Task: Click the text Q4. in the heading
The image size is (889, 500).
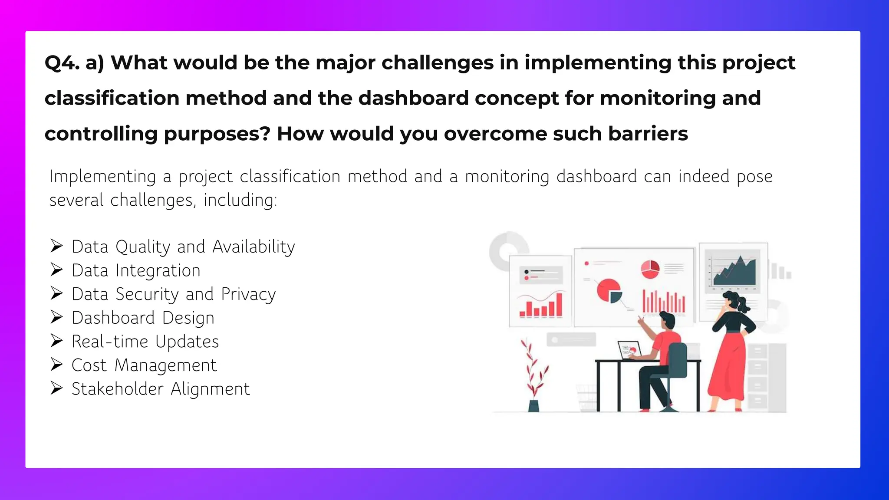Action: click(62, 63)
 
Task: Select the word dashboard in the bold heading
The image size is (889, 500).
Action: click(413, 98)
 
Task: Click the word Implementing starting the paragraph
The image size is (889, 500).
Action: click(102, 177)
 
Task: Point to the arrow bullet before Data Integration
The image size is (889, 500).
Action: click(56, 270)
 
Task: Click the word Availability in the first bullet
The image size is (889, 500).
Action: click(254, 247)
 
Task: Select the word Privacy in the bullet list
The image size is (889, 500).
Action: click(248, 294)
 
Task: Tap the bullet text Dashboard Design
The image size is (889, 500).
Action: click(143, 318)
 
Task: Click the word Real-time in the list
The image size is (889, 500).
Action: click(110, 342)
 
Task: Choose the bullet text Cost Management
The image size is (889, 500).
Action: click(144, 365)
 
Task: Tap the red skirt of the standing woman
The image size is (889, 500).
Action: click(728, 369)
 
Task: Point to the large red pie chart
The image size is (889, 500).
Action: click(608, 290)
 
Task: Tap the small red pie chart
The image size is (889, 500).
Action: click(650, 269)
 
